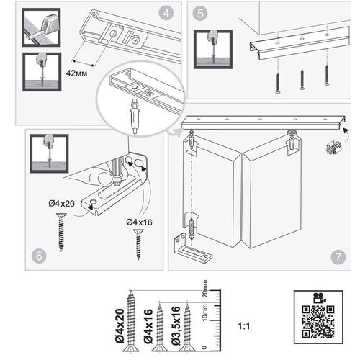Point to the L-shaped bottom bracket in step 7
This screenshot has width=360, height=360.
[x=194, y=248]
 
